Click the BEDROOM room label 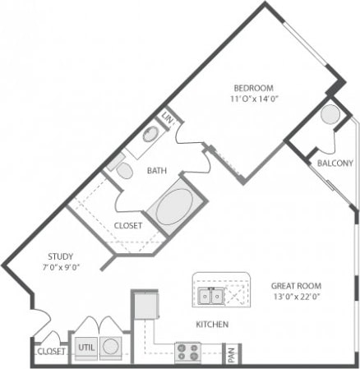point(253,88)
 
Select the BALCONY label point(335,163)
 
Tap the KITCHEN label point(211,325)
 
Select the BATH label point(157,171)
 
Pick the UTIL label point(86,348)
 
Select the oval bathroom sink point(151,135)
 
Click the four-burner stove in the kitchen point(187,353)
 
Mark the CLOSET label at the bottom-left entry point(51,352)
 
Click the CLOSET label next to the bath point(128,225)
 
